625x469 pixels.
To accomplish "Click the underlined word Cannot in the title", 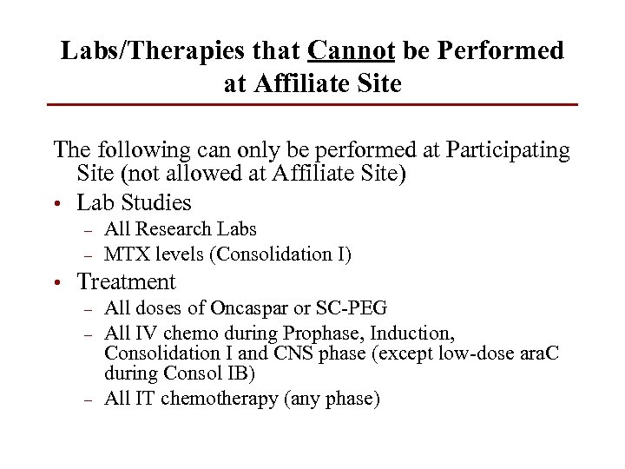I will tap(352, 50).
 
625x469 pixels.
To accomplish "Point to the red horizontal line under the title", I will tap(312, 105).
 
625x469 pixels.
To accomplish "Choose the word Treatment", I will tap(126, 281).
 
